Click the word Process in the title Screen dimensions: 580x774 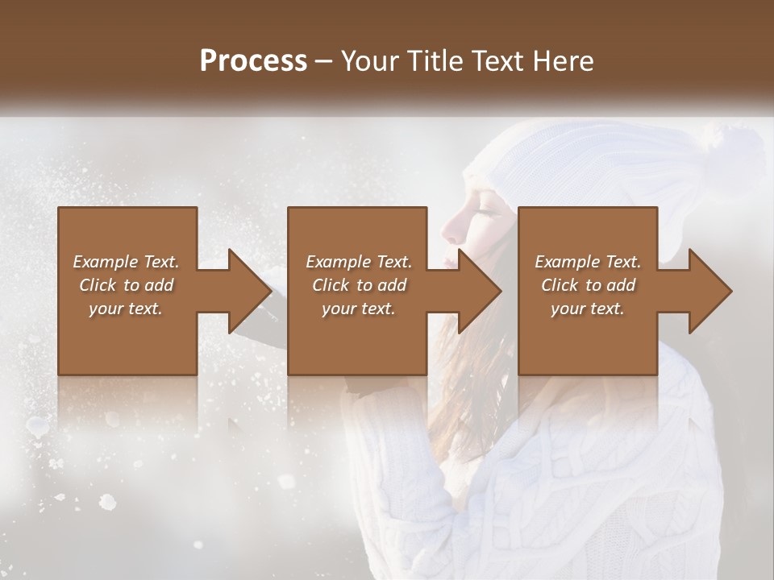click(x=253, y=61)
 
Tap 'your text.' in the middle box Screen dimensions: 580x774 click(x=357, y=309)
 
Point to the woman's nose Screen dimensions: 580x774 click(x=452, y=234)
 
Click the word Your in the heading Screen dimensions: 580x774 click(x=368, y=61)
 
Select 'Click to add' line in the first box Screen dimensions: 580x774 click(x=127, y=285)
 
